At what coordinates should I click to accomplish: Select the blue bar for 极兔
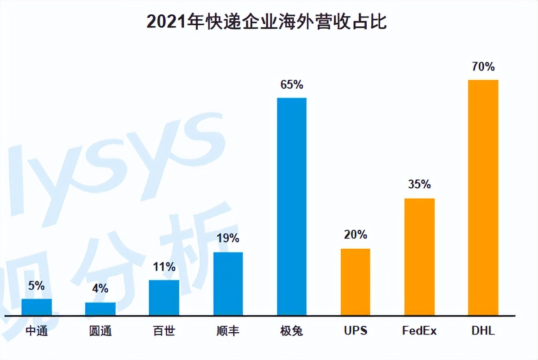[x=292, y=206]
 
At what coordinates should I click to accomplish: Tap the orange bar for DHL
[x=483, y=198]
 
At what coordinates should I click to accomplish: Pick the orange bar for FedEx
[x=420, y=257]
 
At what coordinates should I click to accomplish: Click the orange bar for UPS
[x=356, y=282]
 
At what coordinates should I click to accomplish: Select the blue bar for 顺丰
[x=228, y=284]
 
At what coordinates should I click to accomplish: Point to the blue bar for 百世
[x=164, y=298]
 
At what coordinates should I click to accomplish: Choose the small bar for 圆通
[x=100, y=309]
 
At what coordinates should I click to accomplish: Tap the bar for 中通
[x=37, y=307]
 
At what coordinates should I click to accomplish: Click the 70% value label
[x=483, y=67]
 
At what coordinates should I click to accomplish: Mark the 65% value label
[x=292, y=84]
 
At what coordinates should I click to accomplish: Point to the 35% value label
[x=420, y=184]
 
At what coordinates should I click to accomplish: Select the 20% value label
[x=356, y=234]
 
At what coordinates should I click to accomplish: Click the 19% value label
[x=228, y=238]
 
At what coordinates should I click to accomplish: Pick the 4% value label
[x=100, y=288]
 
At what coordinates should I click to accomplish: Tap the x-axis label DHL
[x=483, y=331]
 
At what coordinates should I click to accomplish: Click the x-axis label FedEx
[x=420, y=331]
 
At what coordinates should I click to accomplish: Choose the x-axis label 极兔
[x=292, y=331]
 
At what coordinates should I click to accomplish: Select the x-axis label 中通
[x=37, y=331]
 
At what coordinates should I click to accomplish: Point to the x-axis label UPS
[x=356, y=331]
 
